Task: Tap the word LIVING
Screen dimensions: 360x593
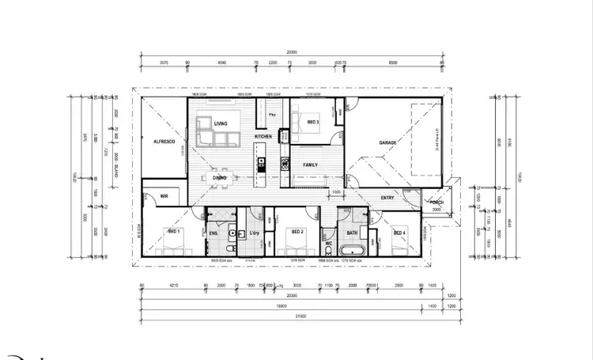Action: click(221, 123)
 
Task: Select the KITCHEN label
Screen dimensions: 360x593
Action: click(263, 137)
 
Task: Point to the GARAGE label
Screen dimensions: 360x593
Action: click(387, 142)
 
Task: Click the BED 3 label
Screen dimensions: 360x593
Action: click(312, 122)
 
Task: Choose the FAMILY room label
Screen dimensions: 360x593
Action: click(312, 164)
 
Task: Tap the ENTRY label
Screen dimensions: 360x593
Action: click(387, 197)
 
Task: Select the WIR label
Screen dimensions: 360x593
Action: click(164, 195)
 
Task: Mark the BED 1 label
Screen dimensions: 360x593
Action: click(173, 231)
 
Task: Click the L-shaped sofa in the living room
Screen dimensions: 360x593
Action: click(216, 136)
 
